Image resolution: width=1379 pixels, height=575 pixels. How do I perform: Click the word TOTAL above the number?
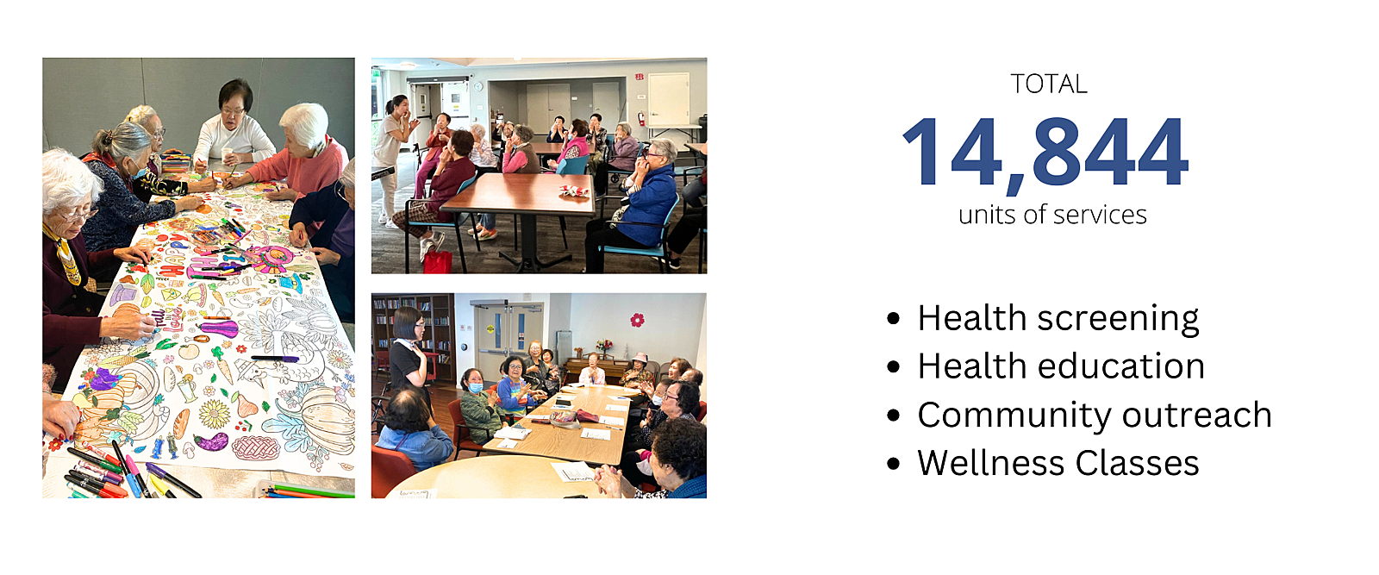[x=1049, y=84]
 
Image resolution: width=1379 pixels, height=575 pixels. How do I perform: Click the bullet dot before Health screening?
[x=893, y=319]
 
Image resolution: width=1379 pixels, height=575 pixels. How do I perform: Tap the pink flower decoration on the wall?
[x=637, y=320]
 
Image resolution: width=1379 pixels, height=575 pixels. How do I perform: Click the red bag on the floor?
[x=438, y=262]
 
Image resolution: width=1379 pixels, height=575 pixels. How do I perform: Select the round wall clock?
[x=477, y=85]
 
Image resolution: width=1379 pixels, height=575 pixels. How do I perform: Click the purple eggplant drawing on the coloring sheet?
[x=210, y=441]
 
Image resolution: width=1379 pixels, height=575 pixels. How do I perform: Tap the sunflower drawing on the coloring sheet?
[x=215, y=414]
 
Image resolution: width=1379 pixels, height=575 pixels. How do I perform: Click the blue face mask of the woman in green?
[x=475, y=388]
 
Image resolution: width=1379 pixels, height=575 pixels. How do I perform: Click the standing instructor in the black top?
[x=409, y=357]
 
